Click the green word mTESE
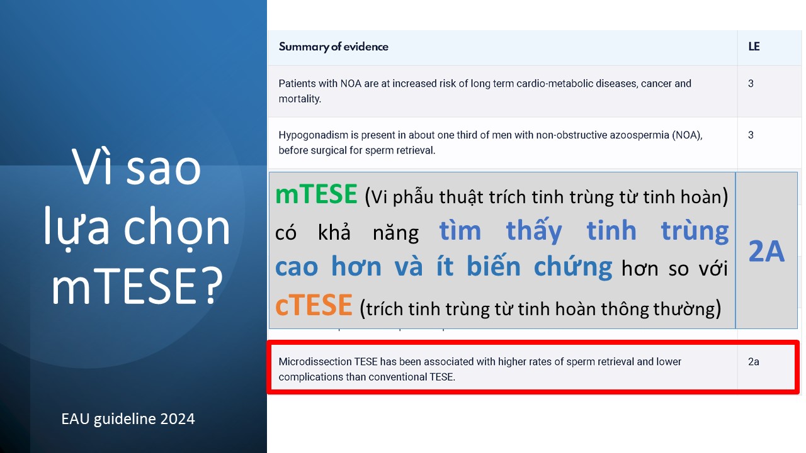316,194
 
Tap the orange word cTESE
314,305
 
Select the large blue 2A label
766,251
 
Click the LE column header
754,47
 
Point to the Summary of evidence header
333,47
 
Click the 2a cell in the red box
754,361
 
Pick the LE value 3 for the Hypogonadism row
751,135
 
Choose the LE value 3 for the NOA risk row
751,84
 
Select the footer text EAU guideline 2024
128,419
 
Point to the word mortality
300,99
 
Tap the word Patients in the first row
296,84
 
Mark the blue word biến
493,266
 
